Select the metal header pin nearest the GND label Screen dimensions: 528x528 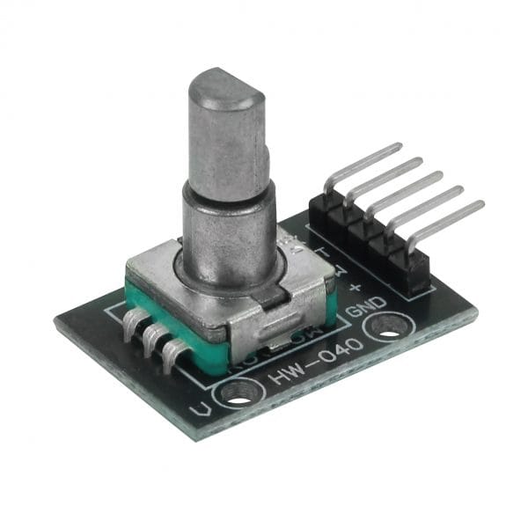(449, 222)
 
